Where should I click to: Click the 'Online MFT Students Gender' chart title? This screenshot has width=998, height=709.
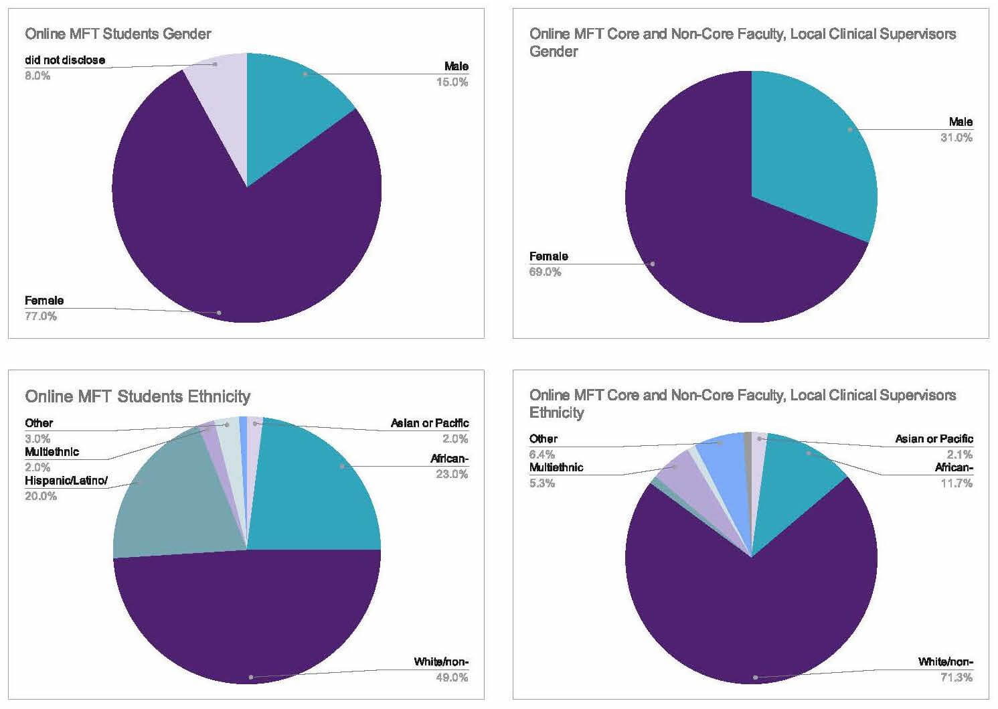click(x=118, y=33)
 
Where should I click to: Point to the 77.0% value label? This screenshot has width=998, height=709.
click(x=41, y=316)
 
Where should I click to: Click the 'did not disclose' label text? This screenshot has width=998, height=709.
click(x=65, y=60)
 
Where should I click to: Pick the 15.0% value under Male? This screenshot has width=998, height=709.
click(x=452, y=82)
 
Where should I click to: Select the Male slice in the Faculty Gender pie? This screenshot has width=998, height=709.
click(x=817, y=147)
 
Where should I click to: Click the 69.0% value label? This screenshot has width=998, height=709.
click(x=545, y=272)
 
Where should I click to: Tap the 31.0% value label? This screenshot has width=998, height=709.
click(x=957, y=138)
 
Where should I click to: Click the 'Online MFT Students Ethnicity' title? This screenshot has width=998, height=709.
click(x=137, y=396)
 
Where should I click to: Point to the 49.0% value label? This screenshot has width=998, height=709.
click(x=452, y=678)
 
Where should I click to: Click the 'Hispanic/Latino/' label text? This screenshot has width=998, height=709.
click(x=66, y=481)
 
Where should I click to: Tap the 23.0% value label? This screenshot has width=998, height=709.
click(x=452, y=474)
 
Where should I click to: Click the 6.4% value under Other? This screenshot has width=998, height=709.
click(x=542, y=455)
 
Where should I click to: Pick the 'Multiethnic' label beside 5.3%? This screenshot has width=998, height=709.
click(x=556, y=467)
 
